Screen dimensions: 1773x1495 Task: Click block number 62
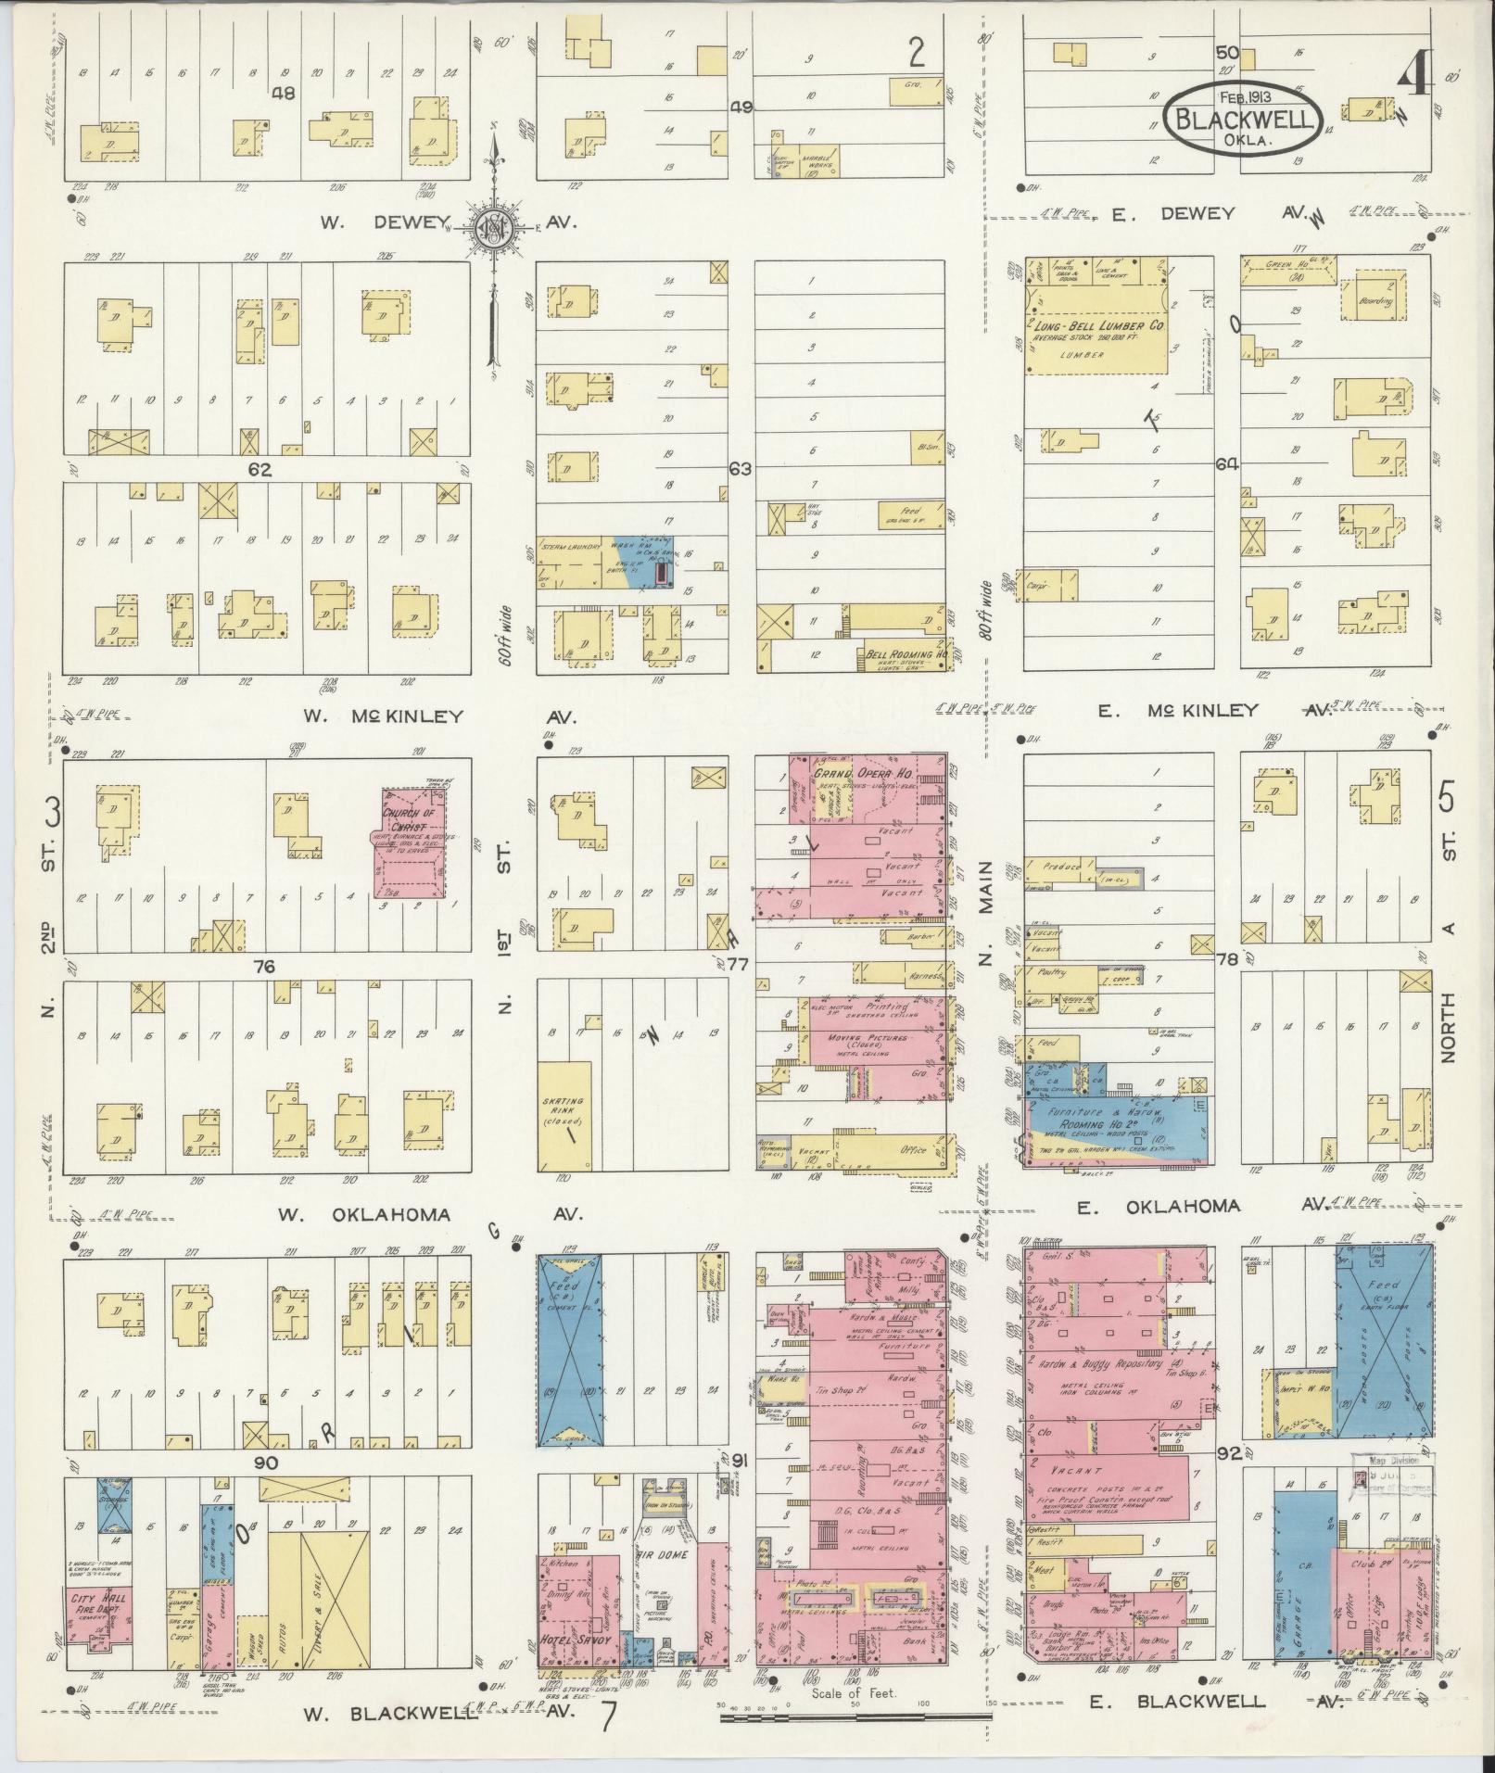click(259, 470)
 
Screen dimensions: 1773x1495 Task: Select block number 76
click(265, 967)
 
